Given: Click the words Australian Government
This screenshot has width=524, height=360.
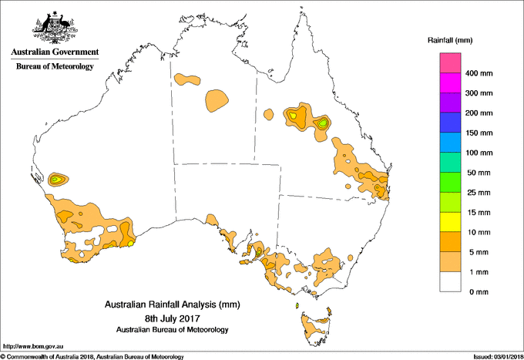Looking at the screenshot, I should pyautogui.click(x=54, y=52).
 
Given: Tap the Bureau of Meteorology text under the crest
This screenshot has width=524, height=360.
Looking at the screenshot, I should pyautogui.click(x=54, y=66).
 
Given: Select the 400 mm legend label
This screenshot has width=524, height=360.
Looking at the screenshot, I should pyautogui.click(x=479, y=73).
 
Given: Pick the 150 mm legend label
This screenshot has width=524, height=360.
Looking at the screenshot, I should pyautogui.click(x=479, y=133).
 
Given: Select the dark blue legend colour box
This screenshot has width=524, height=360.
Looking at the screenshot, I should pyautogui.click(x=451, y=123).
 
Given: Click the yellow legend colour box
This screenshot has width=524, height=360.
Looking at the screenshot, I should pyautogui.click(x=451, y=222).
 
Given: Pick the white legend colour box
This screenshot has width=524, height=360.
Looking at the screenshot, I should pyautogui.click(x=451, y=281).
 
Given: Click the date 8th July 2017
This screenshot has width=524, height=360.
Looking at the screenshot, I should pyautogui.click(x=173, y=318).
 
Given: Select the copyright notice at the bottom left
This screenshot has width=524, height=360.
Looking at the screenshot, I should pyautogui.click(x=92, y=355).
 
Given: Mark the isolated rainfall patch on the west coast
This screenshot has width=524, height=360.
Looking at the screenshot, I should pyautogui.click(x=56, y=180).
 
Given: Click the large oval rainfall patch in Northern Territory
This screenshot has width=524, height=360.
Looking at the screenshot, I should pyautogui.click(x=217, y=99).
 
